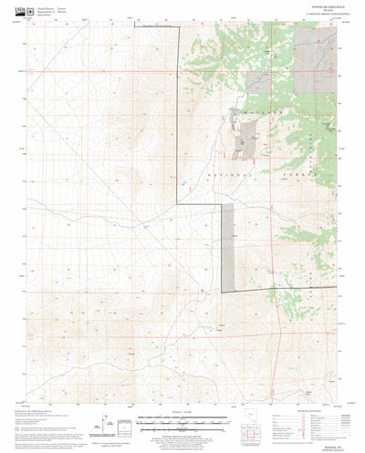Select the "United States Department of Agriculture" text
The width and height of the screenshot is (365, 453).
point(40,10)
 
